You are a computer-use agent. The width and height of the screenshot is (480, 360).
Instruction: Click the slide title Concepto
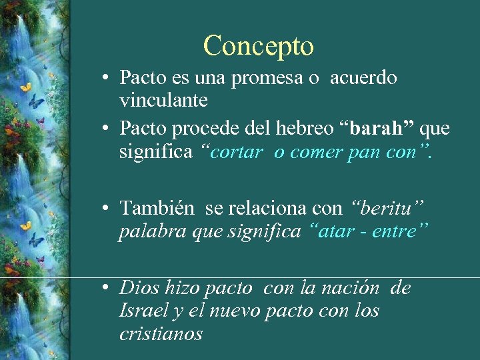[x=259, y=46]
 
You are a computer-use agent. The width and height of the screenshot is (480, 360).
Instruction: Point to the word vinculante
[x=163, y=100]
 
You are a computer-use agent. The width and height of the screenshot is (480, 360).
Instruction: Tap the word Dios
[x=137, y=288]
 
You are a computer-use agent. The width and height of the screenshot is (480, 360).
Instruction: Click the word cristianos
[x=161, y=333]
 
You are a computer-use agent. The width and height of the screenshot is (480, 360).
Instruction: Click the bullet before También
[x=106, y=209]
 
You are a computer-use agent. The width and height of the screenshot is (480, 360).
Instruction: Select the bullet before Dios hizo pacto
[x=106, y=289]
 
